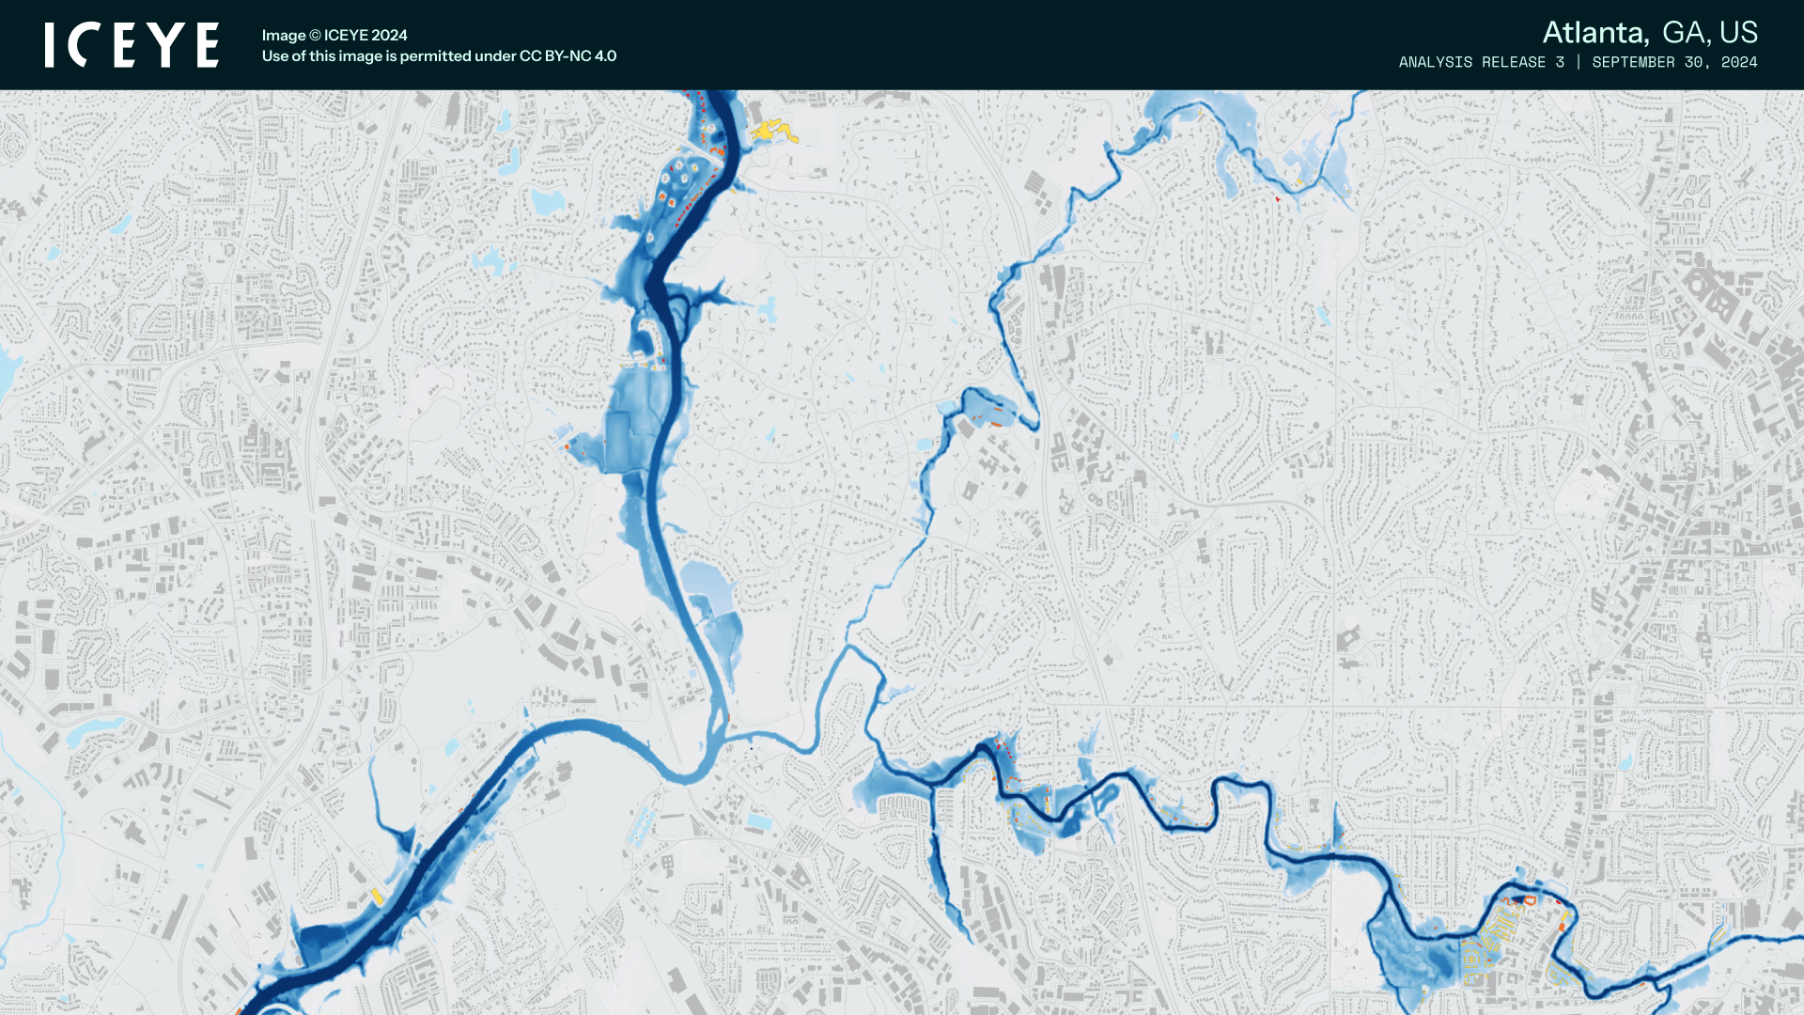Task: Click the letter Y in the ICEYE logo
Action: [x=169, y=45]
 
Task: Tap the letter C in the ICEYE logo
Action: [x=86, y=45]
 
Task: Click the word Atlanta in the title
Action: [x=1594, y=33]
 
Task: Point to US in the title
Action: [x=1738, y=33]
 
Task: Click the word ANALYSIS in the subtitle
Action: [x=1436, y=62]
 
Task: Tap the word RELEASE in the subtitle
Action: [x=1514, y=62]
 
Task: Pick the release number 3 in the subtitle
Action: [x=1560, y=62]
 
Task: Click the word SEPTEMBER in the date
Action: [x=1633, y=62]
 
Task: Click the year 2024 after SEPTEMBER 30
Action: [x=1739, y=62]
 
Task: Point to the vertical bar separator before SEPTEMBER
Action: [x=1578, y=62]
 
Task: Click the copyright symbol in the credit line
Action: [x=316, y=36]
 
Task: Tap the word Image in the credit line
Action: [x=284, y=36]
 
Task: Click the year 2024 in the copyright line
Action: [x=390, y=36]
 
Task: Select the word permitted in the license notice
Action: [x=435, y=56]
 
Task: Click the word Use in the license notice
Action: [x=274, y=56]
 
